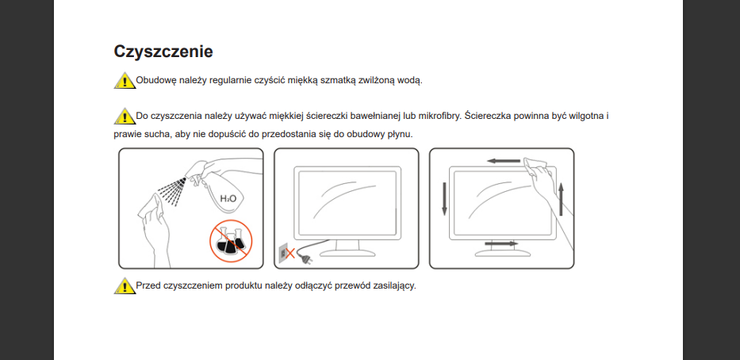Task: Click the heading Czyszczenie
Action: coord(163,52)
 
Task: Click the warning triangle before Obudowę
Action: coord(125,81)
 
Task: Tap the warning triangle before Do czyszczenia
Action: coord(125,116)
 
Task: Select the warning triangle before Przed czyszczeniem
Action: coord(125,286)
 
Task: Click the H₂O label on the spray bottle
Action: coord(228,199)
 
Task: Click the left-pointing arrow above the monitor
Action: coord(504,161)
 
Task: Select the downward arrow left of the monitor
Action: coord(444,198)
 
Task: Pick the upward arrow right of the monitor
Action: coord(561,199)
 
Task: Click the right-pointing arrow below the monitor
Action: coord(501,243)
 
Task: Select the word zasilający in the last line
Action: coord(394,286)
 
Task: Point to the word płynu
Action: coord(399,135)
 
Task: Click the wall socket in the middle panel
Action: coord(282,254)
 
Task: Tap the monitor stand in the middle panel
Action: coord(347,248)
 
